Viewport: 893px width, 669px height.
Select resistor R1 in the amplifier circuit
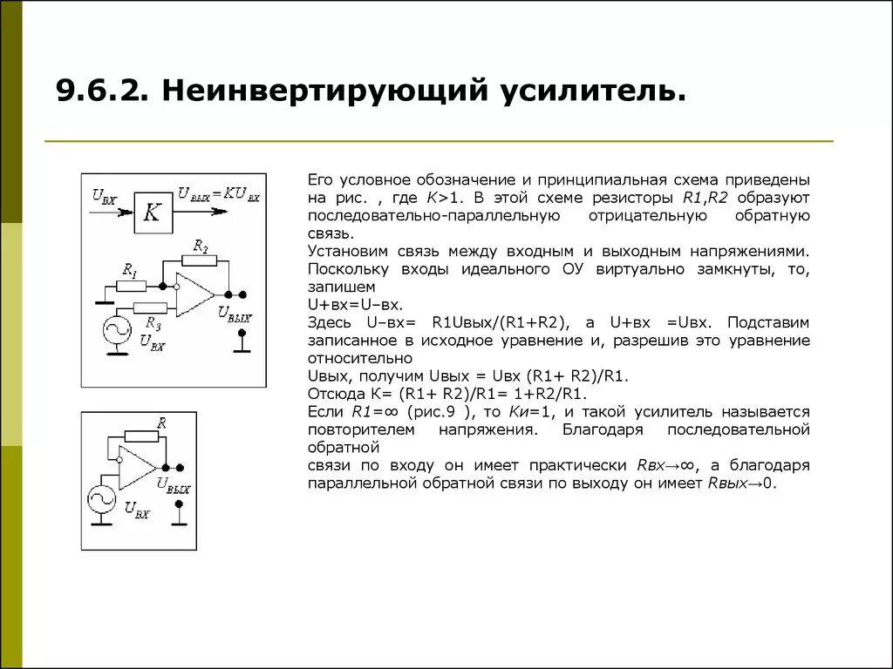click(132, 285)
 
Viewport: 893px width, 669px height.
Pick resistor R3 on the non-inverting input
click(150, 307)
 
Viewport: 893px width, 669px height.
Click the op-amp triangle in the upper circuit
click(193, 294)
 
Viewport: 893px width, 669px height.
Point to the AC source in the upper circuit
click(115, 330)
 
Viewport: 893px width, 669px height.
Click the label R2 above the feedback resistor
click(201, 247)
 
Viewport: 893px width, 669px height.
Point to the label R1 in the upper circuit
click(131, 270)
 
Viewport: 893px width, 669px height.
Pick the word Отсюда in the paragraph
click(331, 393)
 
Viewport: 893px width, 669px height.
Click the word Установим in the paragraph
click(343, 251)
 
